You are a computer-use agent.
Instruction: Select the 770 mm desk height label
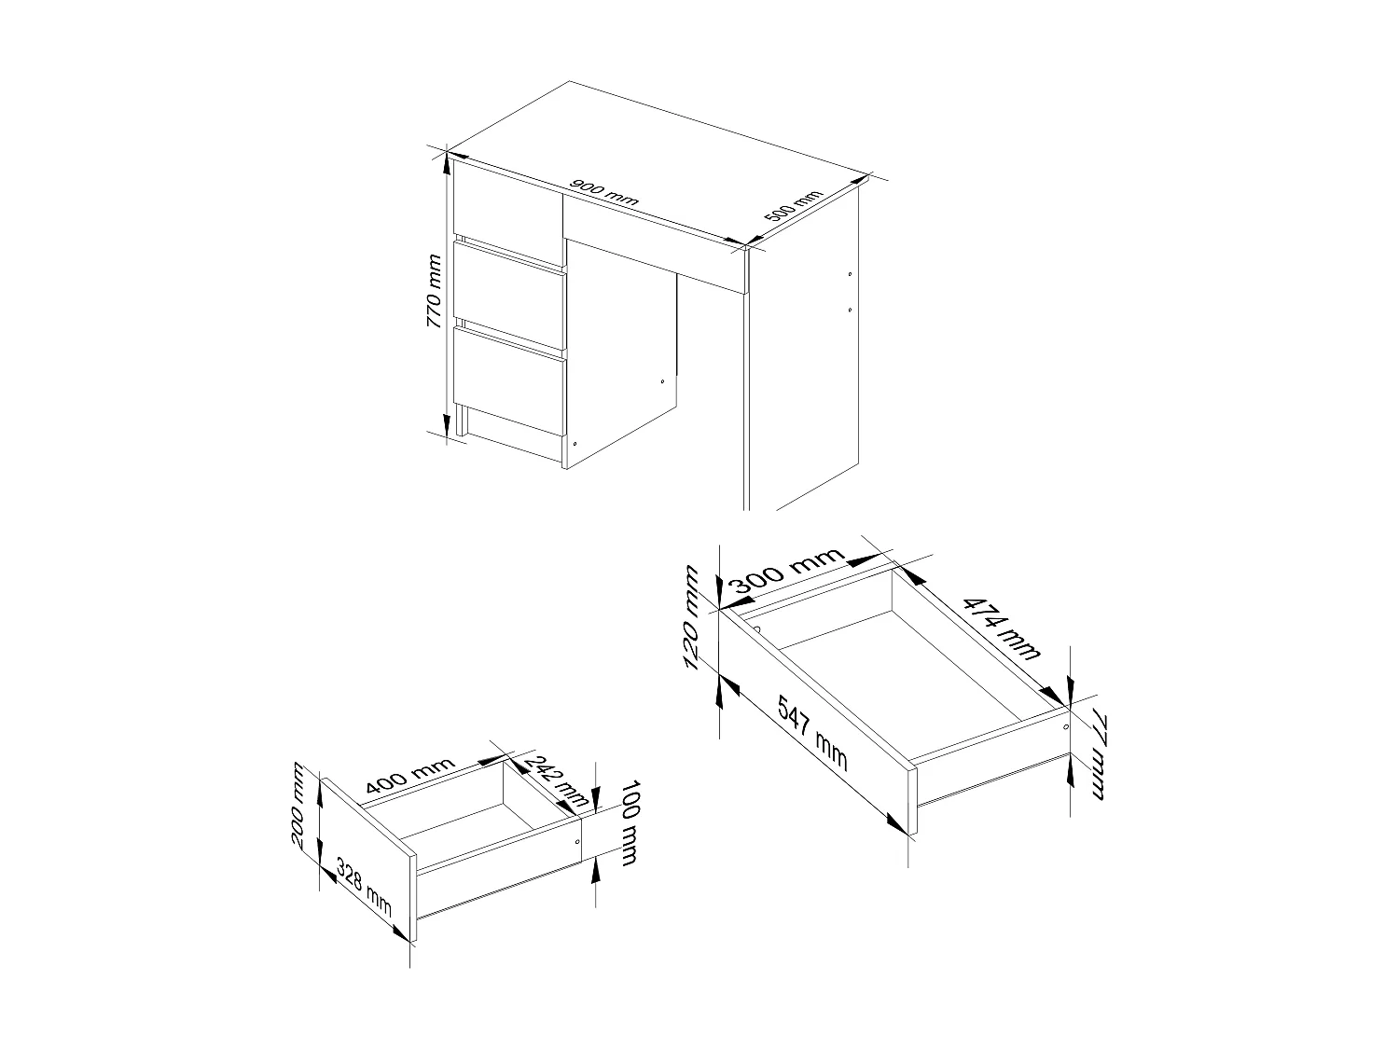[x=434, y=293]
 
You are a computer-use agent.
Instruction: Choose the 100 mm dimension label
[x=626, y=821]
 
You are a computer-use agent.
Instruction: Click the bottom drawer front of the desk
[x=509, y=378]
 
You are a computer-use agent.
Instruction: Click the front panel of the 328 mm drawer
[x=368, y=858]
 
